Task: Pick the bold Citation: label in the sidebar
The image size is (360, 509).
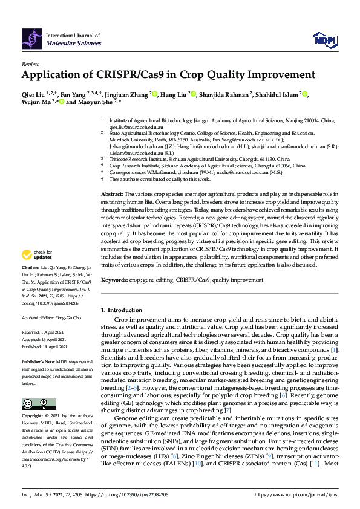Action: pyautogui.click(x=30, y=284)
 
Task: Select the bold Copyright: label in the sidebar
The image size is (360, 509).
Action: pyautogui.click(x=33, y=417)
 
